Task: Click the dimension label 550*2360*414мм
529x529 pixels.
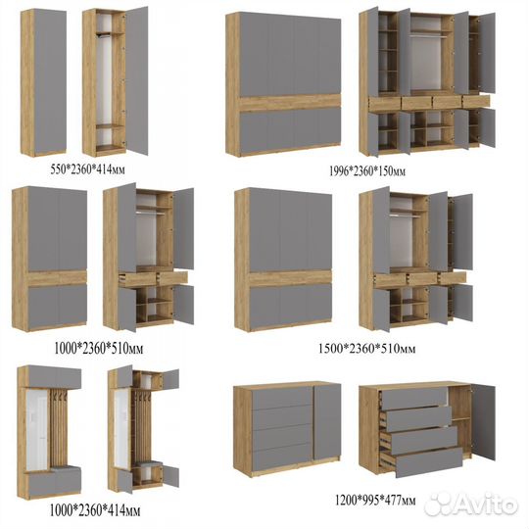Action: pyautogui.click(x=88, y=169)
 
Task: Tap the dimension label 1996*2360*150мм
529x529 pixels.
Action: pyautogui.click(x=367, y=171)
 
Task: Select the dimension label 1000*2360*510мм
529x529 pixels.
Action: pyautogui.click(x=99, y=349)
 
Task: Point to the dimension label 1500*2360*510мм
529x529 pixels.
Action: pyautogui.click(x=367, y=348)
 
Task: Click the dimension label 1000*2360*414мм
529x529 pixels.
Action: pyautogui.click(x=95, y=510)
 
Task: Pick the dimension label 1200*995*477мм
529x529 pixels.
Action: pyautogui.click(x=375, y=500)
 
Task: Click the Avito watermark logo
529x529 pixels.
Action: pyautogui.click(x=471, y=505)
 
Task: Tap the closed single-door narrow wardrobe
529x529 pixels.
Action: pyautogui.click(x=43, y=82)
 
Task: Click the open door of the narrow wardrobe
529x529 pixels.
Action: pyautogui.click(x=136, y=80)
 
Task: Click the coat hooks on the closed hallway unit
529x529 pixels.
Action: pyautogui.click(x=58, y=396)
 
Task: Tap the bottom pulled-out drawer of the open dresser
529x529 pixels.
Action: pyautogui.click(x=429, y=462)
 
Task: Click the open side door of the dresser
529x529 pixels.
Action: pyautogui.click(x=484, y=422)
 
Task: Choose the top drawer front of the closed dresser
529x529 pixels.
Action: pyautogui.click(x=283, y=398)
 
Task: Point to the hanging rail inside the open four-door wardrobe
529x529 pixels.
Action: pyautogui.click(x=426, y=33)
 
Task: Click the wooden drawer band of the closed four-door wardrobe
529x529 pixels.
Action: pyautogui.click(x=290, y=103)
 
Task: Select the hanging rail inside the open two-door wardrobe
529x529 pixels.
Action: pyautogui.click(x=151, y=213)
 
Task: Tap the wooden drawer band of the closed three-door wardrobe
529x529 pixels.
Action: pyautogui.click(x=291, y=278)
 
